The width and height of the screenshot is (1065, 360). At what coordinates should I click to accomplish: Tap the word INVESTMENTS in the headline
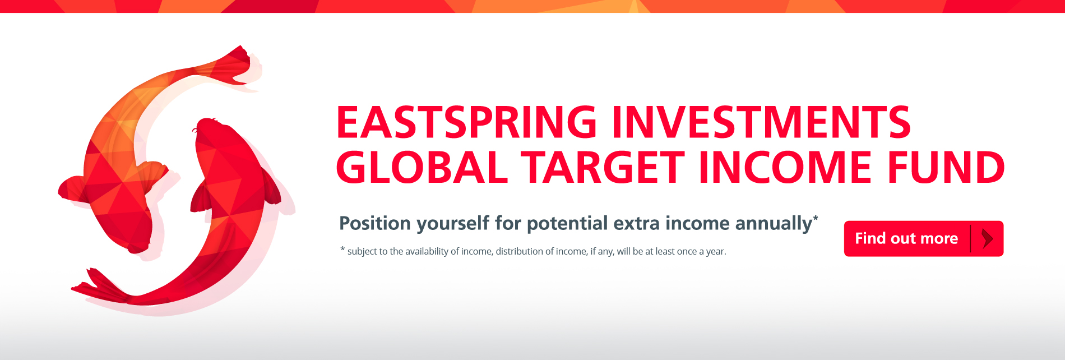click(762, 122)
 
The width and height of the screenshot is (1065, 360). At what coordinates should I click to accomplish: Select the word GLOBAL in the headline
click(422, 167)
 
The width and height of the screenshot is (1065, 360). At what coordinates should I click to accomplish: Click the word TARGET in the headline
click(603, 167)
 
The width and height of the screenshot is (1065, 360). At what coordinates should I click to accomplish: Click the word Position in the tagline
click(375, 223)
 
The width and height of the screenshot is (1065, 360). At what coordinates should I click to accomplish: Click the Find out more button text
click(906, 238)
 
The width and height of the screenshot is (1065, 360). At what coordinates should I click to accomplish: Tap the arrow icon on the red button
click(988, 239)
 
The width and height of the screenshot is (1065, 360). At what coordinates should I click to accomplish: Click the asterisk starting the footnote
click(342, 249)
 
